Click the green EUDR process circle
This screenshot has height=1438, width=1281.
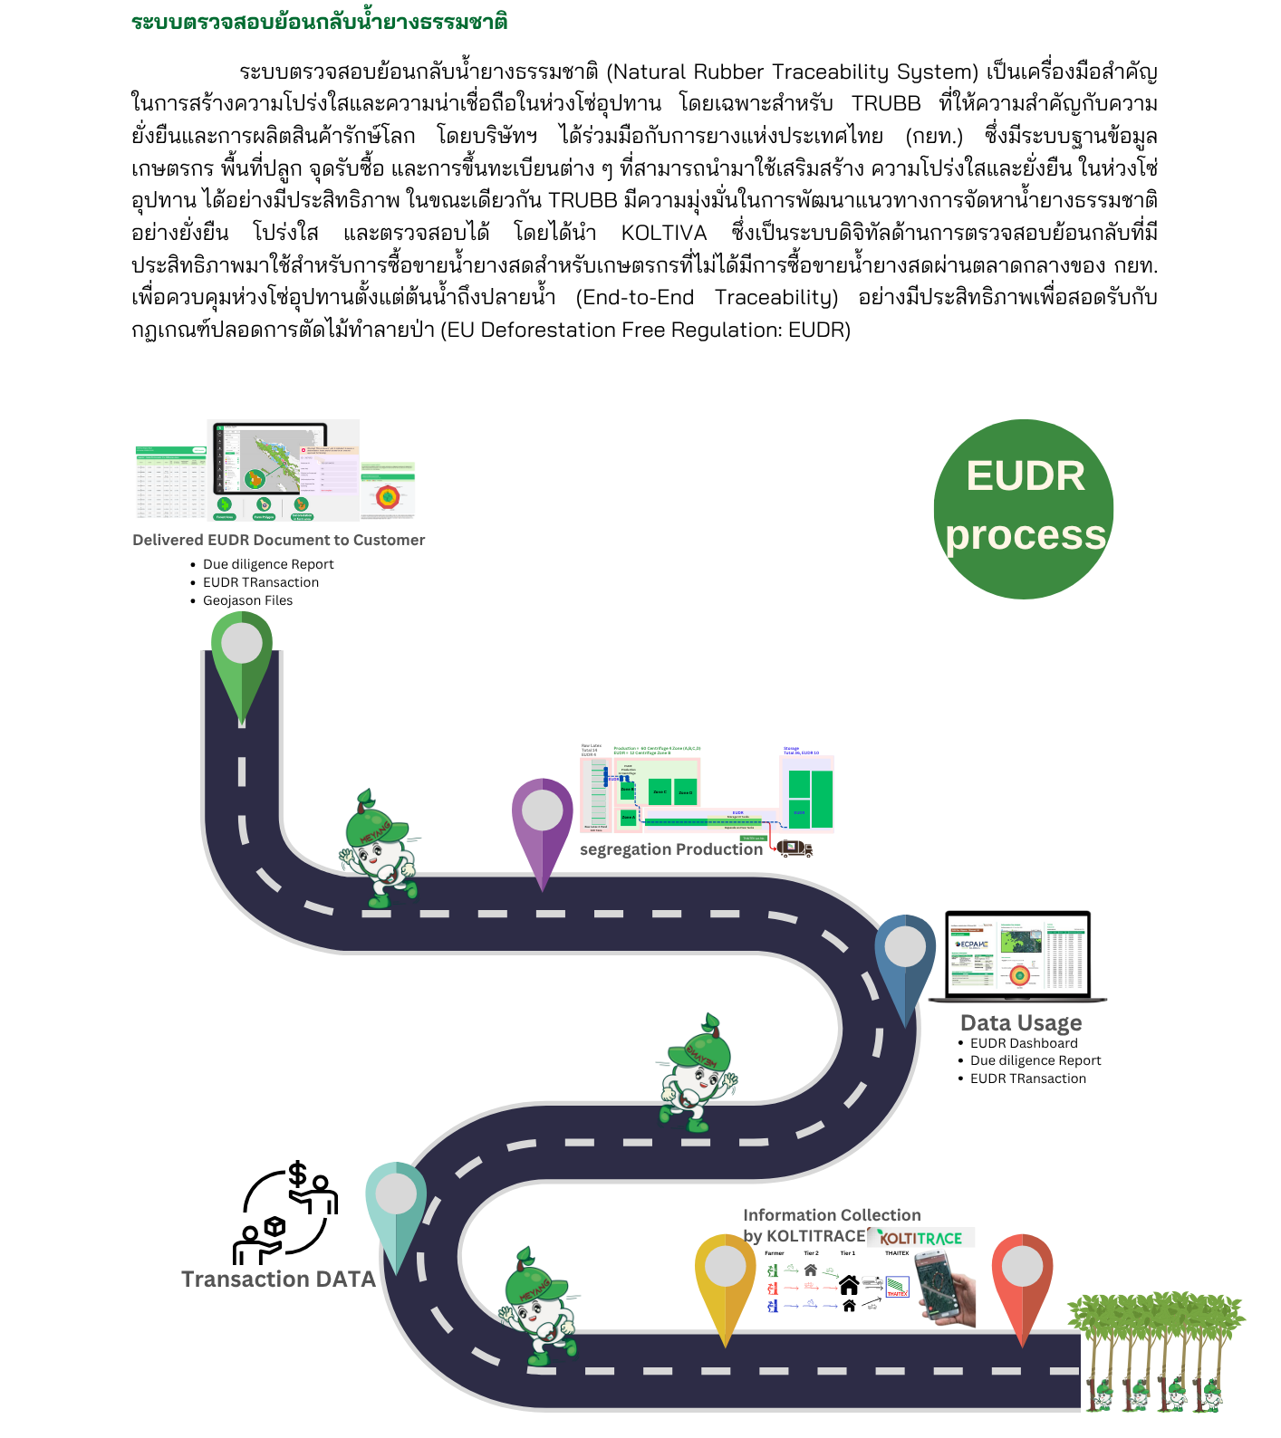[x=1024, y=508]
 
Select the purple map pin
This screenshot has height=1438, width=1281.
[x=542, y=824]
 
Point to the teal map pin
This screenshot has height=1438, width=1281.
[x=396, y=1210]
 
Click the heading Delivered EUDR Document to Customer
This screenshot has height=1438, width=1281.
[x=278, y=540]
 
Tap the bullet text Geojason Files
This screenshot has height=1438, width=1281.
[x=247, y=600]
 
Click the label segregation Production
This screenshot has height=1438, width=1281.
[x=671, y=849]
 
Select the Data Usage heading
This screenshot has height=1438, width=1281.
[x=1021, y=1022]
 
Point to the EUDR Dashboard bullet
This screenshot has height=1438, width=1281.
[x=1024, y=1043]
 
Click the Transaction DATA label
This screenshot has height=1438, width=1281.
[x=278, y=1279]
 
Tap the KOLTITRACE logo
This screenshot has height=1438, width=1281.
[x=921, y=1238]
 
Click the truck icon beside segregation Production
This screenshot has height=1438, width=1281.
[x=795, y=848]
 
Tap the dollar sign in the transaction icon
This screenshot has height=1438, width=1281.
[x=297, y=1174]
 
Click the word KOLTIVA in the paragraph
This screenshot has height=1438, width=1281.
[x=663, y=233]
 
